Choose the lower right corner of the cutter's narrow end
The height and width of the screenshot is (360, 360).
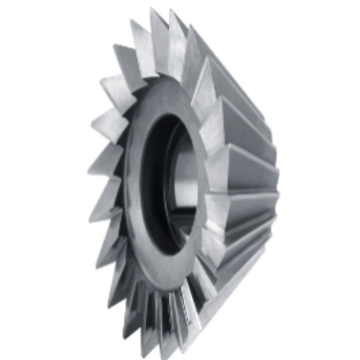pyautogui.click(x=271, y=225)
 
